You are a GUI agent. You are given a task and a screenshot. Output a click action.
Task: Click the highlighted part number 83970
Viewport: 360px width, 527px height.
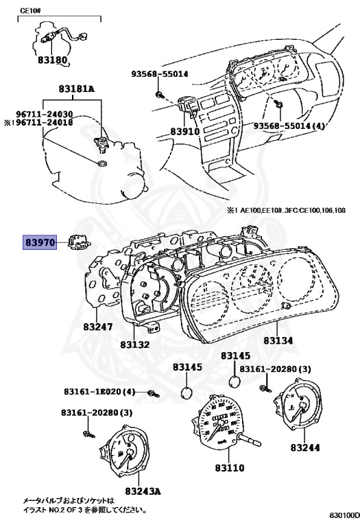coord(40,242)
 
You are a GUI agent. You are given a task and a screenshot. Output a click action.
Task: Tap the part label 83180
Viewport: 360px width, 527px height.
coord(52,60)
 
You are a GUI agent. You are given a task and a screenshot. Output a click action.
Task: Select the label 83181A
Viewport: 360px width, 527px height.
coord(77,89)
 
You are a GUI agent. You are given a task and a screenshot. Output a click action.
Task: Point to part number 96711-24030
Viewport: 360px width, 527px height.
coord(45,115)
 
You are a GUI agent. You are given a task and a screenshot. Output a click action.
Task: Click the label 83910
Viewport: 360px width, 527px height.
coord(184,131)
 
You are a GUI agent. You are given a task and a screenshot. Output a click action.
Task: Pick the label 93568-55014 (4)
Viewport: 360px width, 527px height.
coord(289,126)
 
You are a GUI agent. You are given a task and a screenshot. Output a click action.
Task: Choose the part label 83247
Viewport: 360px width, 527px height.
coord(98,327)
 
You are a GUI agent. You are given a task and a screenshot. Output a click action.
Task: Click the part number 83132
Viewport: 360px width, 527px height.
coord(135,344)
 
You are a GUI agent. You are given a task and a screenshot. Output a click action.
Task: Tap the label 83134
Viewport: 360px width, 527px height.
coord(278,340)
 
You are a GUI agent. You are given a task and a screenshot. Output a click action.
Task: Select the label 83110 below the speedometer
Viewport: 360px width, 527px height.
coord(230,467)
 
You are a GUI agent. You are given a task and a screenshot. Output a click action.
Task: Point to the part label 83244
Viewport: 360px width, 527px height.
coord(305,447)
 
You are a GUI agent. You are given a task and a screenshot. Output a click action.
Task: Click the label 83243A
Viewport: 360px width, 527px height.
coord(143,491)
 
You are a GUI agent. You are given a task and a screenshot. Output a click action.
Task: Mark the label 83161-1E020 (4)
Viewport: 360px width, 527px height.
coord(99,392)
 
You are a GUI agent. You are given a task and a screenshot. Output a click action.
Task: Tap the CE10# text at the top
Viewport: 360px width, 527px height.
coord(31,10)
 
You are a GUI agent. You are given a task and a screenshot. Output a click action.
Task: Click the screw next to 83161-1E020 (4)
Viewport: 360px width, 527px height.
coord(154,393)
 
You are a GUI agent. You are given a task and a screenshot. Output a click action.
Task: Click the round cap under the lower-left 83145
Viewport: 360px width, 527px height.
coord(187,393)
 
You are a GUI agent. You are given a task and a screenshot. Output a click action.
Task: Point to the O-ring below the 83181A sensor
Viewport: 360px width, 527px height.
coord(101,164)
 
